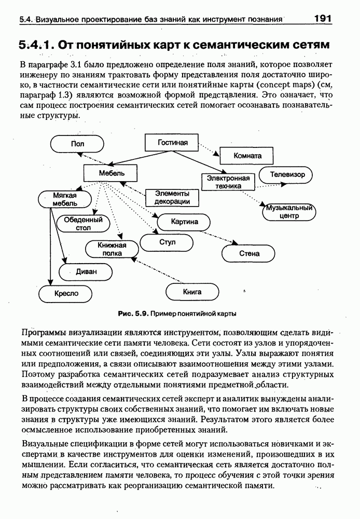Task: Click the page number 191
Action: click(x=323, y=19)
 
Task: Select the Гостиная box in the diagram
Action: click(x=166, y=142)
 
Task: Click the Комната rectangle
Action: click(x=247, y=155)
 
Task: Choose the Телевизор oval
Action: click(x=287, y=174)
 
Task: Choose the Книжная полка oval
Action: click(x=112, y=249)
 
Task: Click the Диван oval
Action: click(x=86, y=271)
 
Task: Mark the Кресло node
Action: click(x=66, y=294)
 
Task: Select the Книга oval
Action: click(x=192, y=292)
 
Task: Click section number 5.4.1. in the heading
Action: click(x=36, y=45)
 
